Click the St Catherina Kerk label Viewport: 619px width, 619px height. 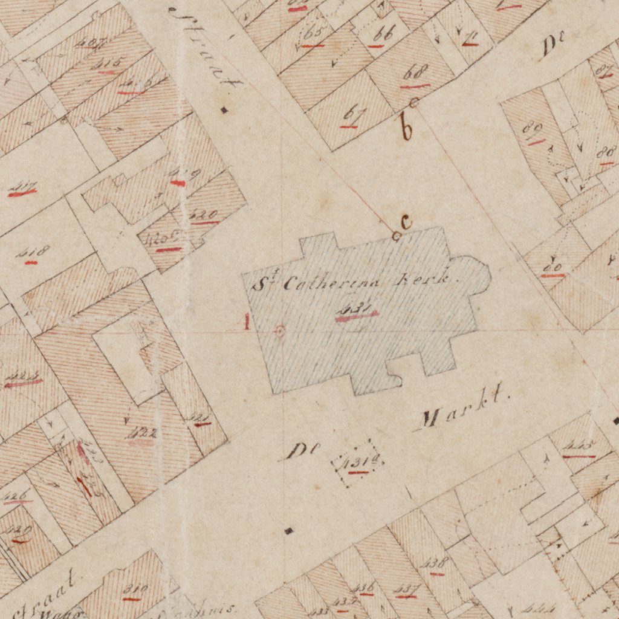click(366, 281)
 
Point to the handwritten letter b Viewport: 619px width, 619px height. click(407, 126)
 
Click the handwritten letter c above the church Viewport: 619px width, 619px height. click(406, 222)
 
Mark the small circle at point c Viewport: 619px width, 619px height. click(397, 236)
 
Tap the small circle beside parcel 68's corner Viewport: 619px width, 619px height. click(414, 102)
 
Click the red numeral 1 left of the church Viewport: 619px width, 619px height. click(247, 322)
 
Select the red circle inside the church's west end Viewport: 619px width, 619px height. click(279, 331)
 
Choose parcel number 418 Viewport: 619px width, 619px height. click(33, 253)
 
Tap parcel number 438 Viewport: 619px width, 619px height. click(435, 563)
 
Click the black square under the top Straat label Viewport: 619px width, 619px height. click(224, 109)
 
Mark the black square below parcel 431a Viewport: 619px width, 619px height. click(289, 531)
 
